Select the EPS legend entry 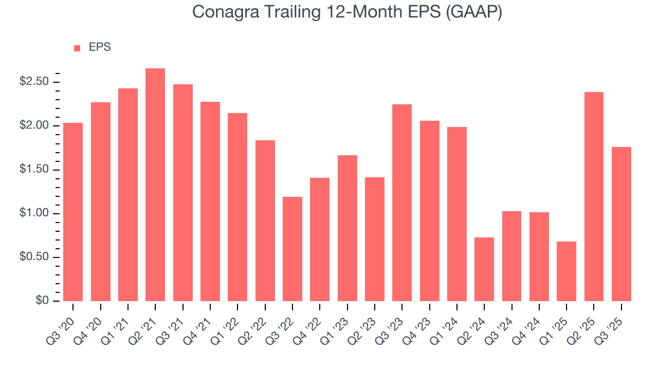pos(93,47)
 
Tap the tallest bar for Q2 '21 pos(155,185)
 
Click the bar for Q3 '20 pos(73,212)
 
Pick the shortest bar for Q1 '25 pos(566,271)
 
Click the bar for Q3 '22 pos(293,249)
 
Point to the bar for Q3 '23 pos(402,202)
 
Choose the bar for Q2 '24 pos(484,269)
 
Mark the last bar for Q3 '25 pos(621,224)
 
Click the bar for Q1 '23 pos(347,228)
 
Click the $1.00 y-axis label pos(35,214)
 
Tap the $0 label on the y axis pos(43,301)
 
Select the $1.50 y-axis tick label pos(35,170)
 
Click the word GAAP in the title pos(473,11)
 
